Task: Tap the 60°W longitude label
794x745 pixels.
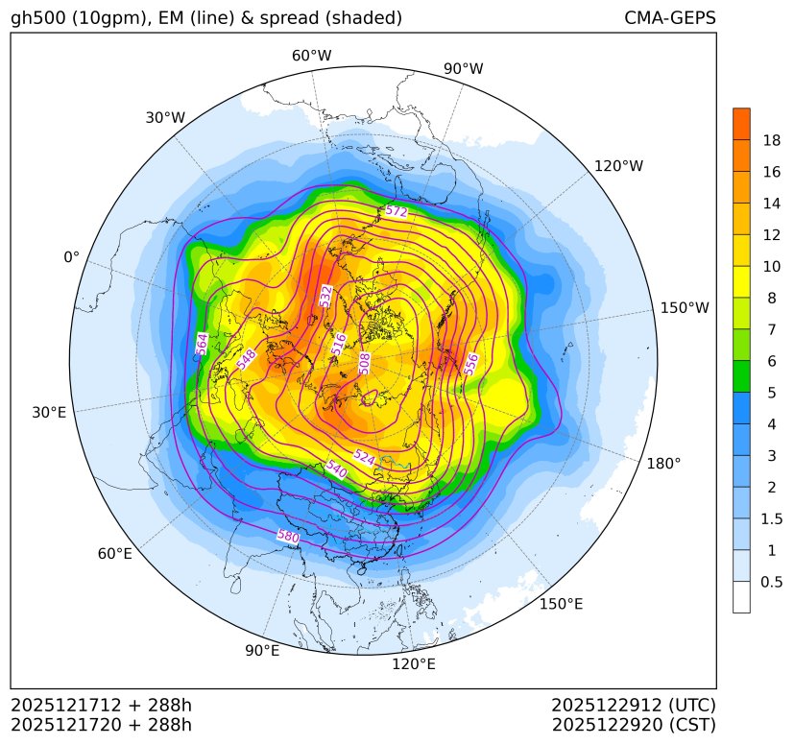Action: [x=311, y=56]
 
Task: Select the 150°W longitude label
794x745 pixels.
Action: [x=685, y=308]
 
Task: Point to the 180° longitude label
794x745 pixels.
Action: [x=663, y=463]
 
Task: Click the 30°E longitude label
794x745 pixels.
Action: [x=49, y=413]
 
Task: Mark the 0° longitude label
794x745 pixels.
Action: [x=71, y=257]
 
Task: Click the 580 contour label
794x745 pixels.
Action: [x=288, y=537]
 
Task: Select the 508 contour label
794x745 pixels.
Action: [x=365, y=363]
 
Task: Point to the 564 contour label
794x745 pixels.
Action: [x=202, y=344]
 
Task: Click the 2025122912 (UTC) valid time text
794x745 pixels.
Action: [x=634, y=705]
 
